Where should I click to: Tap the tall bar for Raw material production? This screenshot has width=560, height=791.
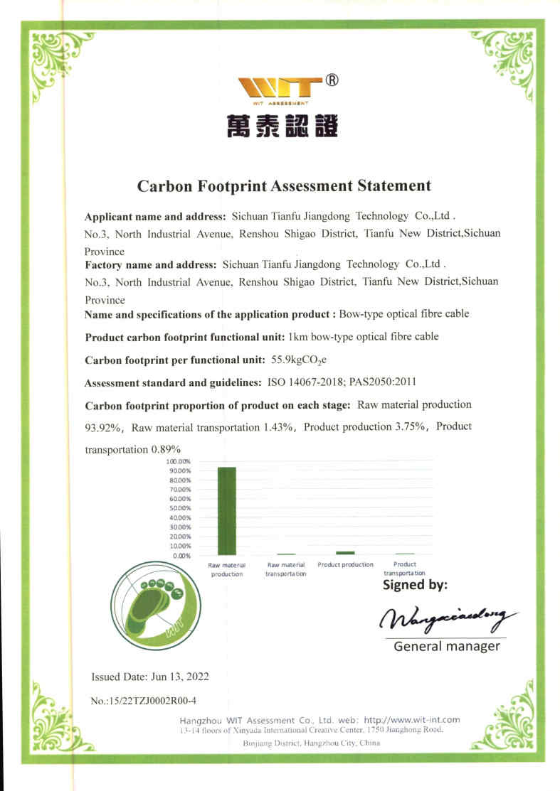[x=226, y=510]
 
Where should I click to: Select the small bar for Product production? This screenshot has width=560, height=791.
[x=345, y=552]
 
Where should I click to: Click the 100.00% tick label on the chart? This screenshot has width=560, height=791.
[x=179, y=462]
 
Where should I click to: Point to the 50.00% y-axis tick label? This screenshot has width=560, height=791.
[x=180, y=508]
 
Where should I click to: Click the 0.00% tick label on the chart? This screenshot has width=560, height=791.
[x=181, y=555]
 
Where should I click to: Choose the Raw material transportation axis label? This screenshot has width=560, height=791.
[x=285, y=569]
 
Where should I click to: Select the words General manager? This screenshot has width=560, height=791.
[x=446, y=646]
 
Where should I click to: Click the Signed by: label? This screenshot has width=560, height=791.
[x=415, y=585]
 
